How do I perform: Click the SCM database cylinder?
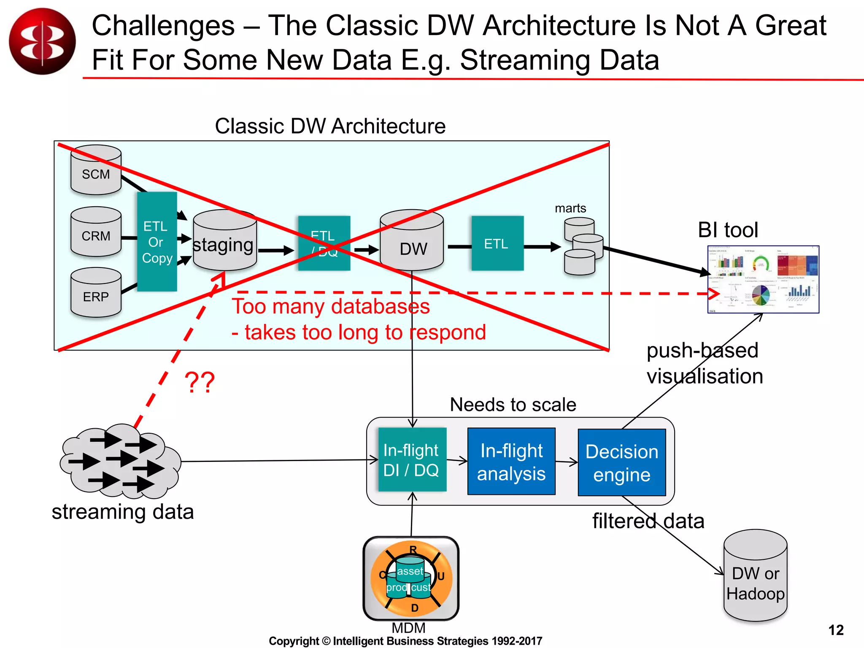(x=96, y=170)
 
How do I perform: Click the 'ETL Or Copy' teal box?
(x=157, y=242)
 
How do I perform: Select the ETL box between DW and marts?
(x=497, y=243)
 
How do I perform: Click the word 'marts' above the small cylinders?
(x=570, y=208)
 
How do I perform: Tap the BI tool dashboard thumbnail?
(x=763, y=279)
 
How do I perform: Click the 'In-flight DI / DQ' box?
(x=412, y=460)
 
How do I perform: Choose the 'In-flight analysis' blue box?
(x=511, y=462)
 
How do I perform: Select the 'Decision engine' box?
(x=622, y=463)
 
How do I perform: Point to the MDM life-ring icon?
(x=411, y=578)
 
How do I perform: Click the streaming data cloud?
(x=120, y=461)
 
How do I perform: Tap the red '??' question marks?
(x=200, y=383)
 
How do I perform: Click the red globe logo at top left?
(x=42, y=41)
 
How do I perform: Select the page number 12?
(x=836, y=630)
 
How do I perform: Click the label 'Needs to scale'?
(x=513, y=405)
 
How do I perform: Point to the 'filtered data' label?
(x=648, y=521)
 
